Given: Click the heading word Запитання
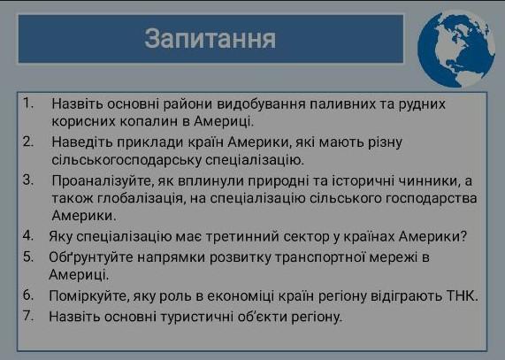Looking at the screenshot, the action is pos(210,39).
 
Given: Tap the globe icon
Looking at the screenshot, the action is pos(456,49).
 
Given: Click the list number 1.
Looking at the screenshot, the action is pos(28,103).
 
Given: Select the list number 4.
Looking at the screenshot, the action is pos(28,235).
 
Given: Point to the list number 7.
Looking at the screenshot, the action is pos(28,315).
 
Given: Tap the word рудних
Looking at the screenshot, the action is pos(422,105).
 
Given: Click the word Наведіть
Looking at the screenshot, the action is pos(81,142).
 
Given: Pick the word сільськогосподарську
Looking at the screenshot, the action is pos(126,160).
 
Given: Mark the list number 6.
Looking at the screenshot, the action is pos(28,295).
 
